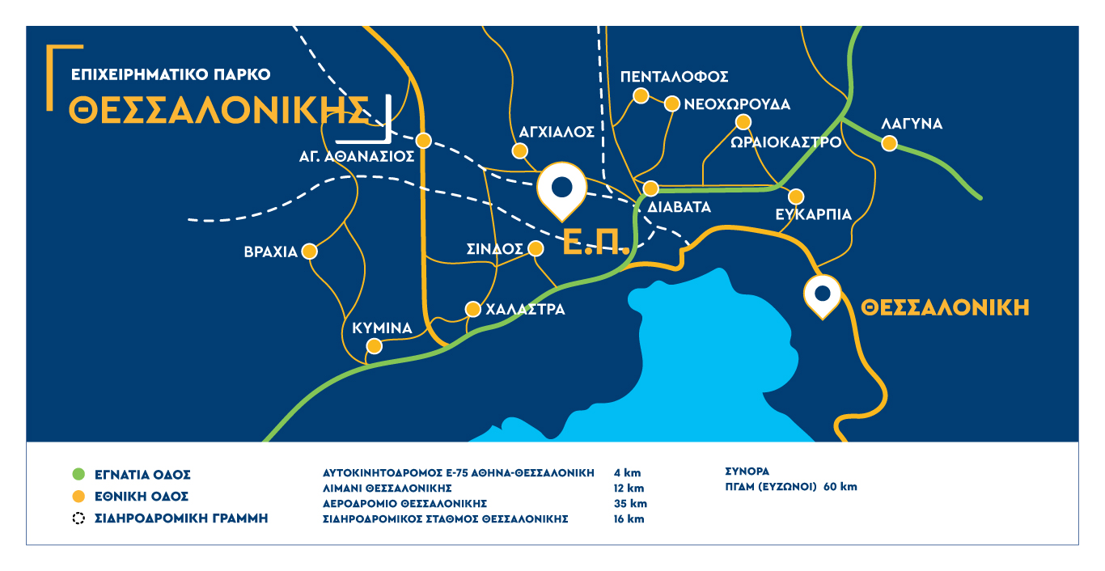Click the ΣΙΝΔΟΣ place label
(495, 249)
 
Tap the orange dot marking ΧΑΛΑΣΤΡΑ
(473, 309)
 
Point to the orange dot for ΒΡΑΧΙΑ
(309, 252)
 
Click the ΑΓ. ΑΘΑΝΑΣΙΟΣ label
(357, 157)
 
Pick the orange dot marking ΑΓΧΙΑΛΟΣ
(520, 150)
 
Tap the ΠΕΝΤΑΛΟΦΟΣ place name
(675, 77)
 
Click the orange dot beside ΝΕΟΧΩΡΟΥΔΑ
(671, 104)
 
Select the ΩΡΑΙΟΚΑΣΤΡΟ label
(785, 142)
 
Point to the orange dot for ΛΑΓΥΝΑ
(889, 144)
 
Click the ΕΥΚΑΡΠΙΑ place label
(813, 214)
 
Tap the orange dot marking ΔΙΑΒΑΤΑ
(650, 188)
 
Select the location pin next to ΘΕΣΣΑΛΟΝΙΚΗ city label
(823, 295)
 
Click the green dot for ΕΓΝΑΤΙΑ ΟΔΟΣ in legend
(78, 474)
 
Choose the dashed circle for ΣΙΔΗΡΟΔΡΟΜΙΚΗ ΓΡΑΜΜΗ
(78, 518)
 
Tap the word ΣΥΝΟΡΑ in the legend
(747, 471)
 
